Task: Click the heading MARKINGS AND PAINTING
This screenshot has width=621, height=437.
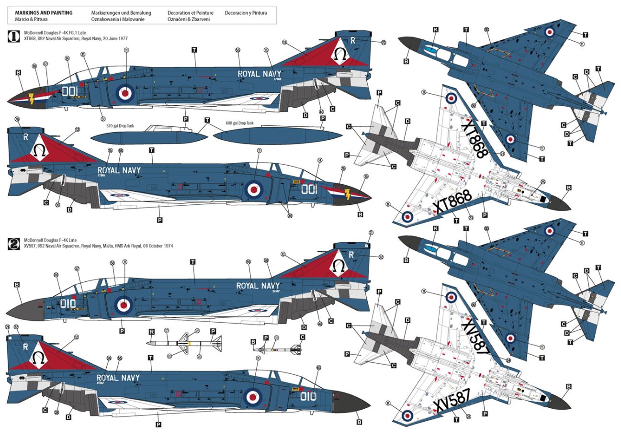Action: coord(44,13)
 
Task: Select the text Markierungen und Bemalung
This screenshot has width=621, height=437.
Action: coord(121,13)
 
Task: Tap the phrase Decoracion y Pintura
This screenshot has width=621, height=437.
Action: coord(246,13)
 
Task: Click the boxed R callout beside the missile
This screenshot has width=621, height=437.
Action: coord(152,331)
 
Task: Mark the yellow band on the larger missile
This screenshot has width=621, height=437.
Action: coord(191,343)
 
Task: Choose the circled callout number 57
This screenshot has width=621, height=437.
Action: coord(77,269)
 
